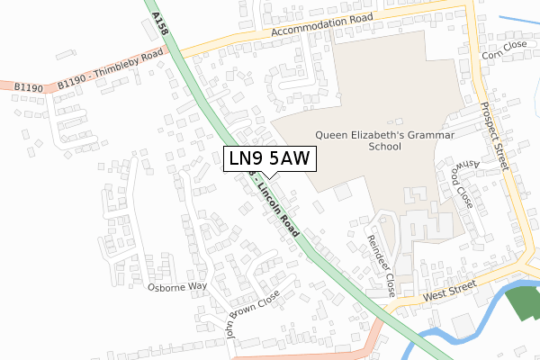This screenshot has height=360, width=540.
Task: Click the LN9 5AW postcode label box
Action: click(269, 159)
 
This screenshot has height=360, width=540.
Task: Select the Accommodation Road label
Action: click(310, 32)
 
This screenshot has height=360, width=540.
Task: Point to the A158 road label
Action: click(161, 22)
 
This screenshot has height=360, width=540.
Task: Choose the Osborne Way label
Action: click(177, 286)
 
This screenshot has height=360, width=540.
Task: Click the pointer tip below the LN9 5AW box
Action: click(269, 177)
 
